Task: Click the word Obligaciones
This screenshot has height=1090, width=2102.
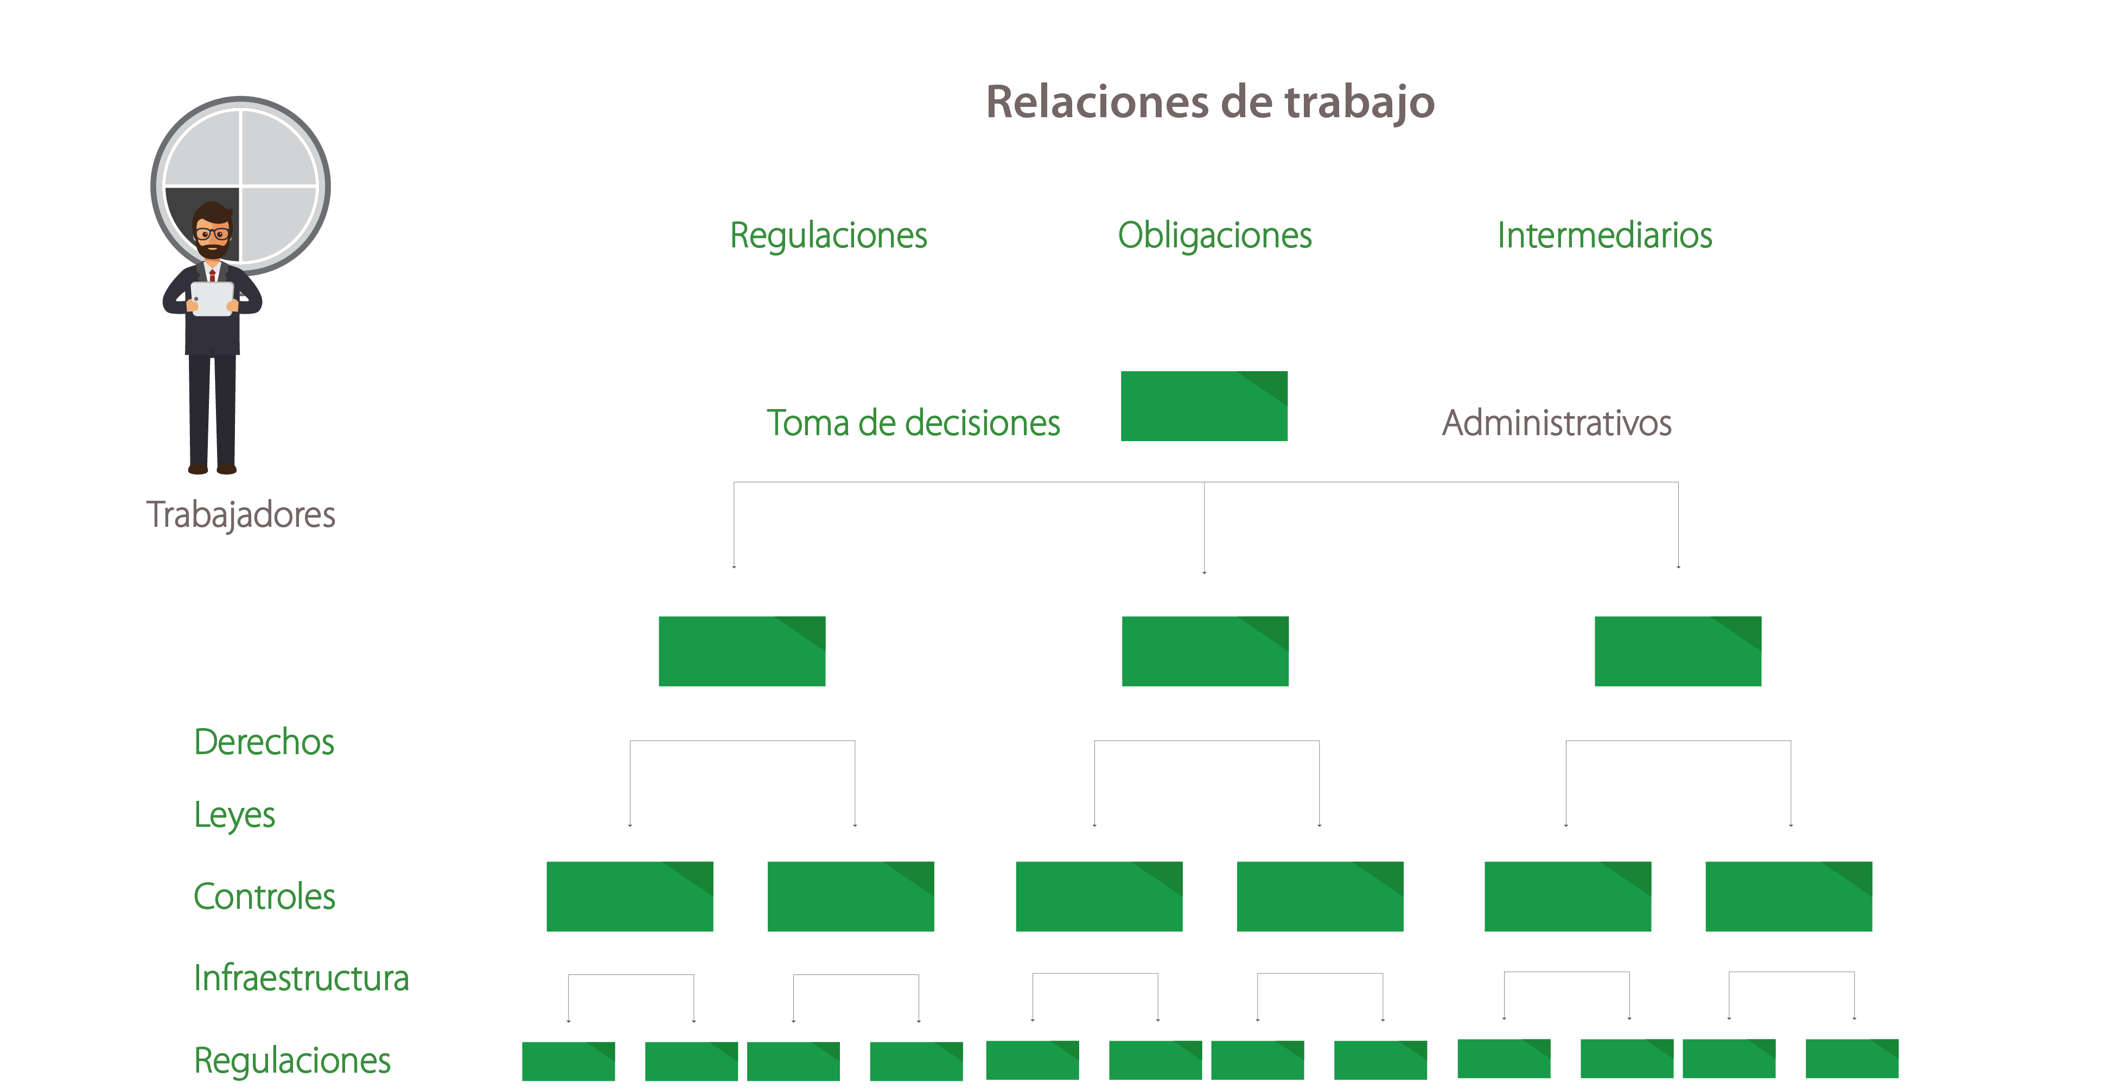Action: pos(1214,236)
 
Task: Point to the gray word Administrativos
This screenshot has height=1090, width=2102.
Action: pos(1556,423)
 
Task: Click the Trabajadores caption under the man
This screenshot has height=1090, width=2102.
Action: pos(241,515)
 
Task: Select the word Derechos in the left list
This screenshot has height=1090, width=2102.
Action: pos(264,742)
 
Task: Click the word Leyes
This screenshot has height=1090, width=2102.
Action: pos(234,815)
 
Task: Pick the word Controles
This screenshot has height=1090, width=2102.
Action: pos(264,897)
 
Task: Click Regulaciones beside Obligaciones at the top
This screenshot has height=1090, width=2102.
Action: pos(827,236)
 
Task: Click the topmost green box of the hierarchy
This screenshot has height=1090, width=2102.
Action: pos(1203,406)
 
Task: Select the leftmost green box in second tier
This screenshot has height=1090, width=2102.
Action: pos(742,651)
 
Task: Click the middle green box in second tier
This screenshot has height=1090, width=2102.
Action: pos(1205,651)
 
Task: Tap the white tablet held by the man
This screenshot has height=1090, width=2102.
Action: pos(212,298)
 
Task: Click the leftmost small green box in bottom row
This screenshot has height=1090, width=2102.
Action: pos(568,1061)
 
